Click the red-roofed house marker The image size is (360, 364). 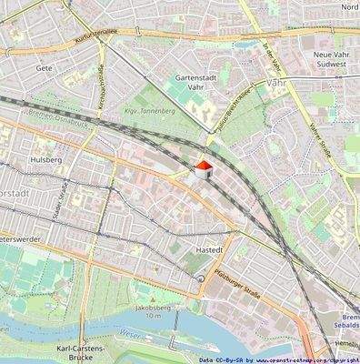click(x=203, y=169)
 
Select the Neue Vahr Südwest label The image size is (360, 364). click(x=335, y=61)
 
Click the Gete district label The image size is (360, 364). click(x=43, y=68)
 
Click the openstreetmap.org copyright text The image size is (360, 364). click(x=300, y=360)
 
